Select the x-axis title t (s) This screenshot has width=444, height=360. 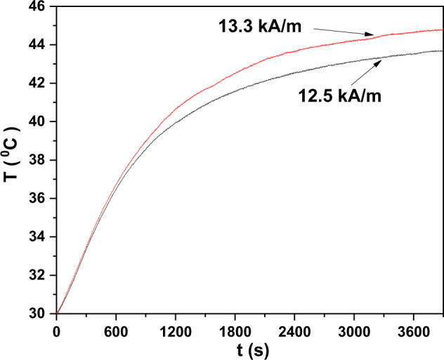[x=249, y=347]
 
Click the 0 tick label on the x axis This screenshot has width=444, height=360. [x=57, y=328]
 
